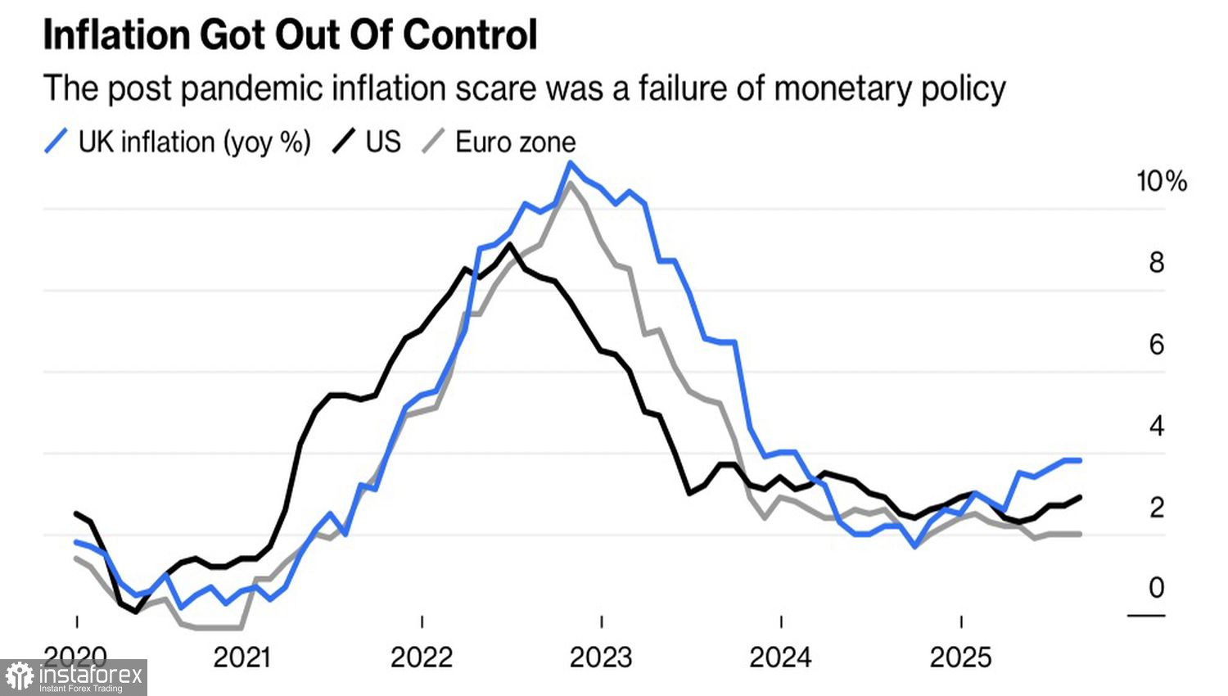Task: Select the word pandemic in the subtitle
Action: [x=248, y=88]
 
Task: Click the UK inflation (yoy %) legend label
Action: [x=195, y=142]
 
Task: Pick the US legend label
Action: [x=383, y=142]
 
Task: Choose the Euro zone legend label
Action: [x=515, y=142]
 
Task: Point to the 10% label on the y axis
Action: [x=1161, y=181]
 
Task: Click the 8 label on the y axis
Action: [x=1156, y=263]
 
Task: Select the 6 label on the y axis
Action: [x=1156, y=345]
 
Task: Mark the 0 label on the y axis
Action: [x=1156, y=588]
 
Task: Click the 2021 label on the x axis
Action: [x=242, y=657]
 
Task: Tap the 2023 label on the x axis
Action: [x=601, y=657]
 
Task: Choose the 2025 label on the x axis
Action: [x=960, y=657]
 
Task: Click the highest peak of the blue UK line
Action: [x=571, y=163]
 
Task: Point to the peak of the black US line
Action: [x=509, y=244]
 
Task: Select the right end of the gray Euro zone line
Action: [x=1081, y=534]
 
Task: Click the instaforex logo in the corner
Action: [x=74, y=677]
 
